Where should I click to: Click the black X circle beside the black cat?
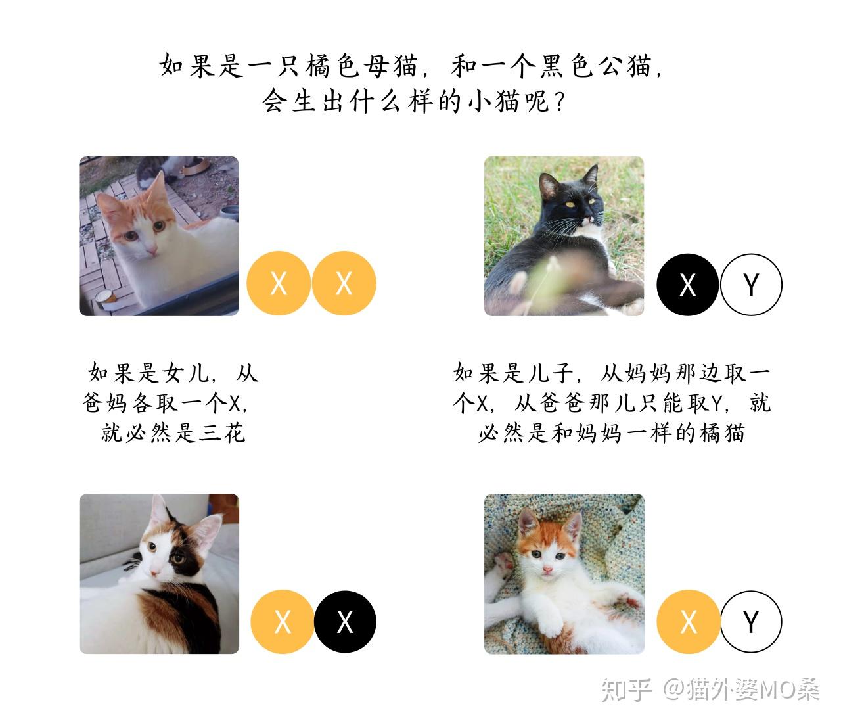(x=688, y=285)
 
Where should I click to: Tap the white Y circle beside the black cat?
(x=751, y=285)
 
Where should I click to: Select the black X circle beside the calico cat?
(x=345, y=622)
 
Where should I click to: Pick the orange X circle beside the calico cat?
(x=283, y=622)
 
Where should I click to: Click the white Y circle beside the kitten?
(x=751, y=622)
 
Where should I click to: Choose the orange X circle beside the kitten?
(x=688, y=622)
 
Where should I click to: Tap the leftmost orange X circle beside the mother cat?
(x=279, y=283)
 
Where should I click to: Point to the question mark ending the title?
(x=560, y=103)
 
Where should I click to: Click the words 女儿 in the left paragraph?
(x=184, y=373)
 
